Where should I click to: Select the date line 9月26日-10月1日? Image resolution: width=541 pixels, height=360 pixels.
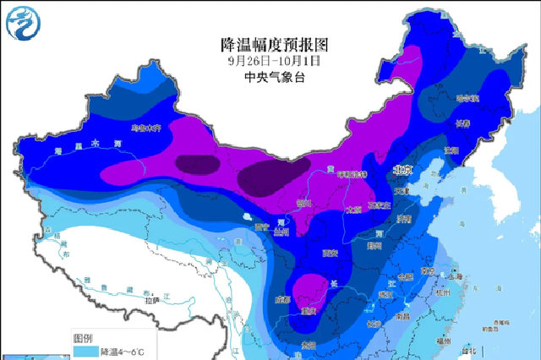pos(273,60)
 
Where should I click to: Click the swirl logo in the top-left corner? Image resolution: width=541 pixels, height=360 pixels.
pos(23,22)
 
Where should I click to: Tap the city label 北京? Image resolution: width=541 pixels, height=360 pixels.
pos(402,170)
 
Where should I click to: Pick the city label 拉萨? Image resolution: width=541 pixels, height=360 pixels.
pos(151,300)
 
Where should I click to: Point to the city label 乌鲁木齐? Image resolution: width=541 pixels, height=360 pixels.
pos(145,129)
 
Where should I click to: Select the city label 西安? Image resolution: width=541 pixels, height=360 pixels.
pos(329,253)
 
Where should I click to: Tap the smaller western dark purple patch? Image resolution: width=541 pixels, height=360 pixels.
pos(196,164)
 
